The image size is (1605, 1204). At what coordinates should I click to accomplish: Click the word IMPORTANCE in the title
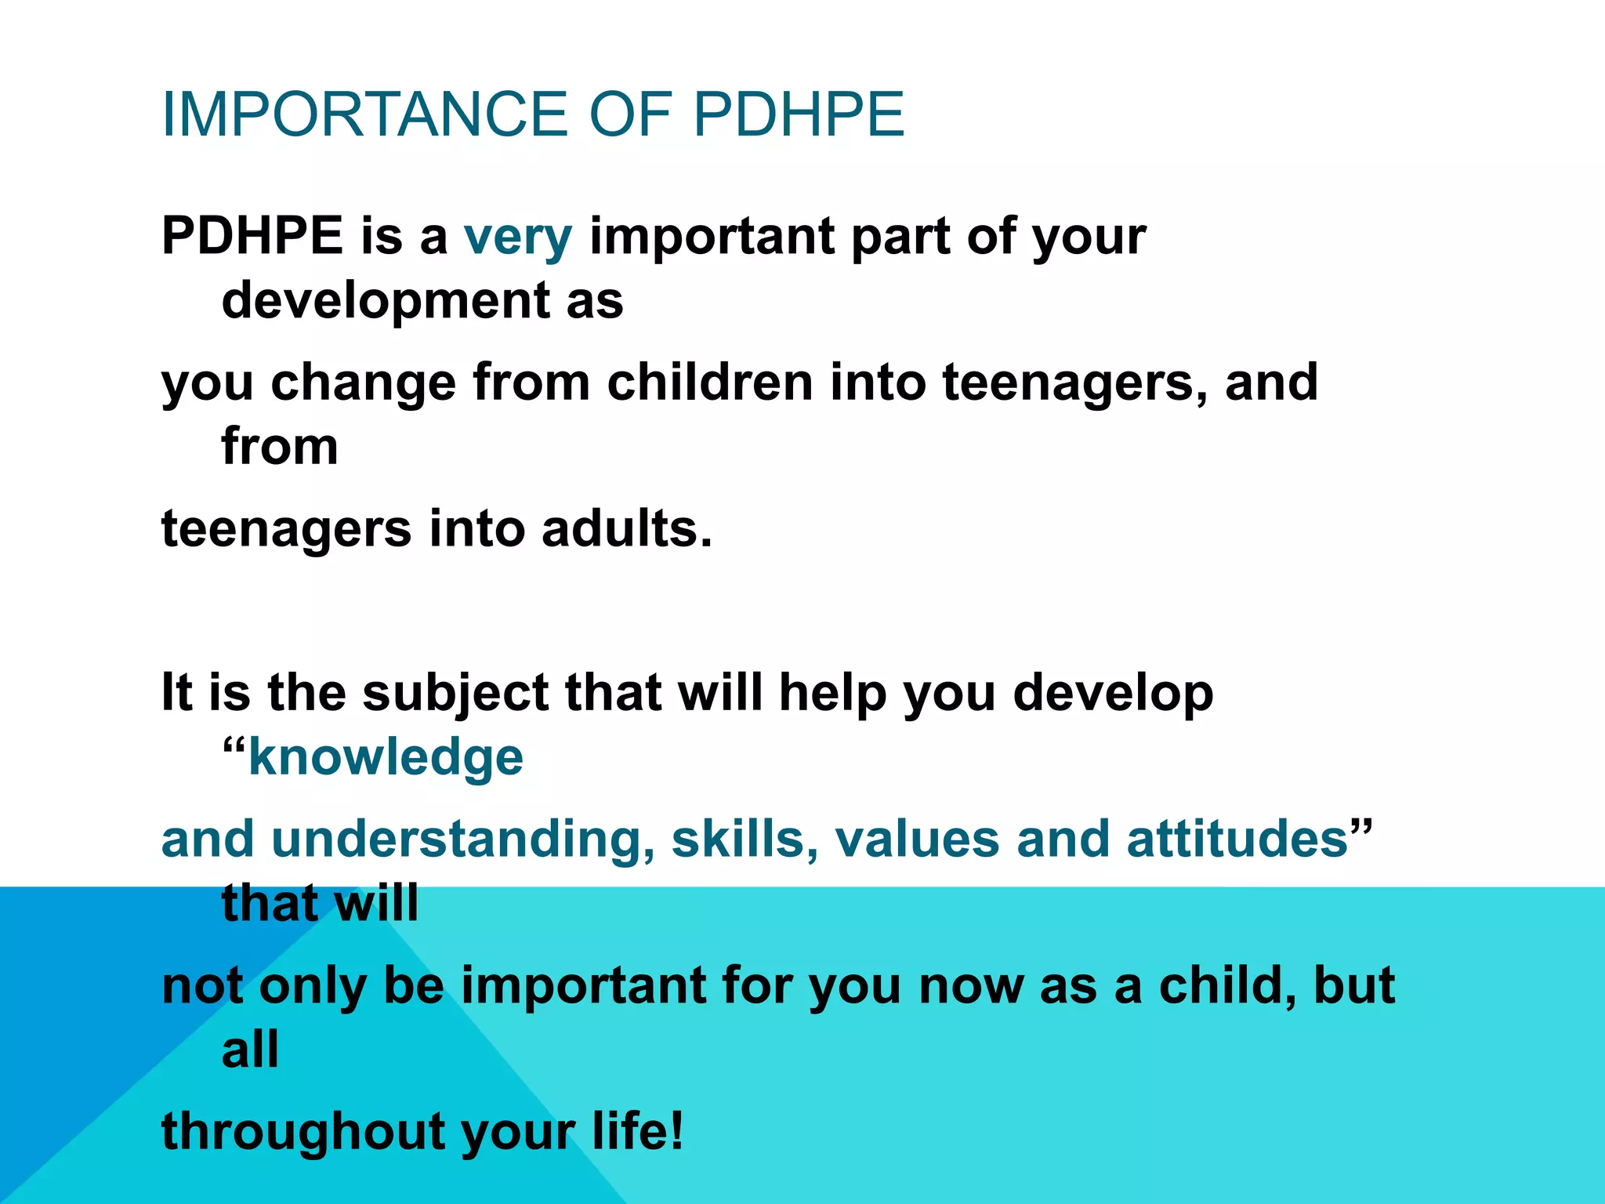(365, 114)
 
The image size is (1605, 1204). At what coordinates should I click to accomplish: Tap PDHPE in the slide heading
(799, 114)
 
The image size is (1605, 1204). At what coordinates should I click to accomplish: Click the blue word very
(518, 237)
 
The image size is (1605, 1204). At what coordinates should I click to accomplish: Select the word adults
(627, 528)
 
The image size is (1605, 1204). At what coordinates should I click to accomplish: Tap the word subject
(455, 694)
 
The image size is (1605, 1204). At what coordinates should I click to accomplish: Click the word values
(917, 839)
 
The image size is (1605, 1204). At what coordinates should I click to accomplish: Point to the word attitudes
(1237, 839)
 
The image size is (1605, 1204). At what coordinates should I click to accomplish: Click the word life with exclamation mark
(637, 1131)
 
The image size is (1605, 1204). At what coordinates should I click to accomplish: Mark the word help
(831, 694)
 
